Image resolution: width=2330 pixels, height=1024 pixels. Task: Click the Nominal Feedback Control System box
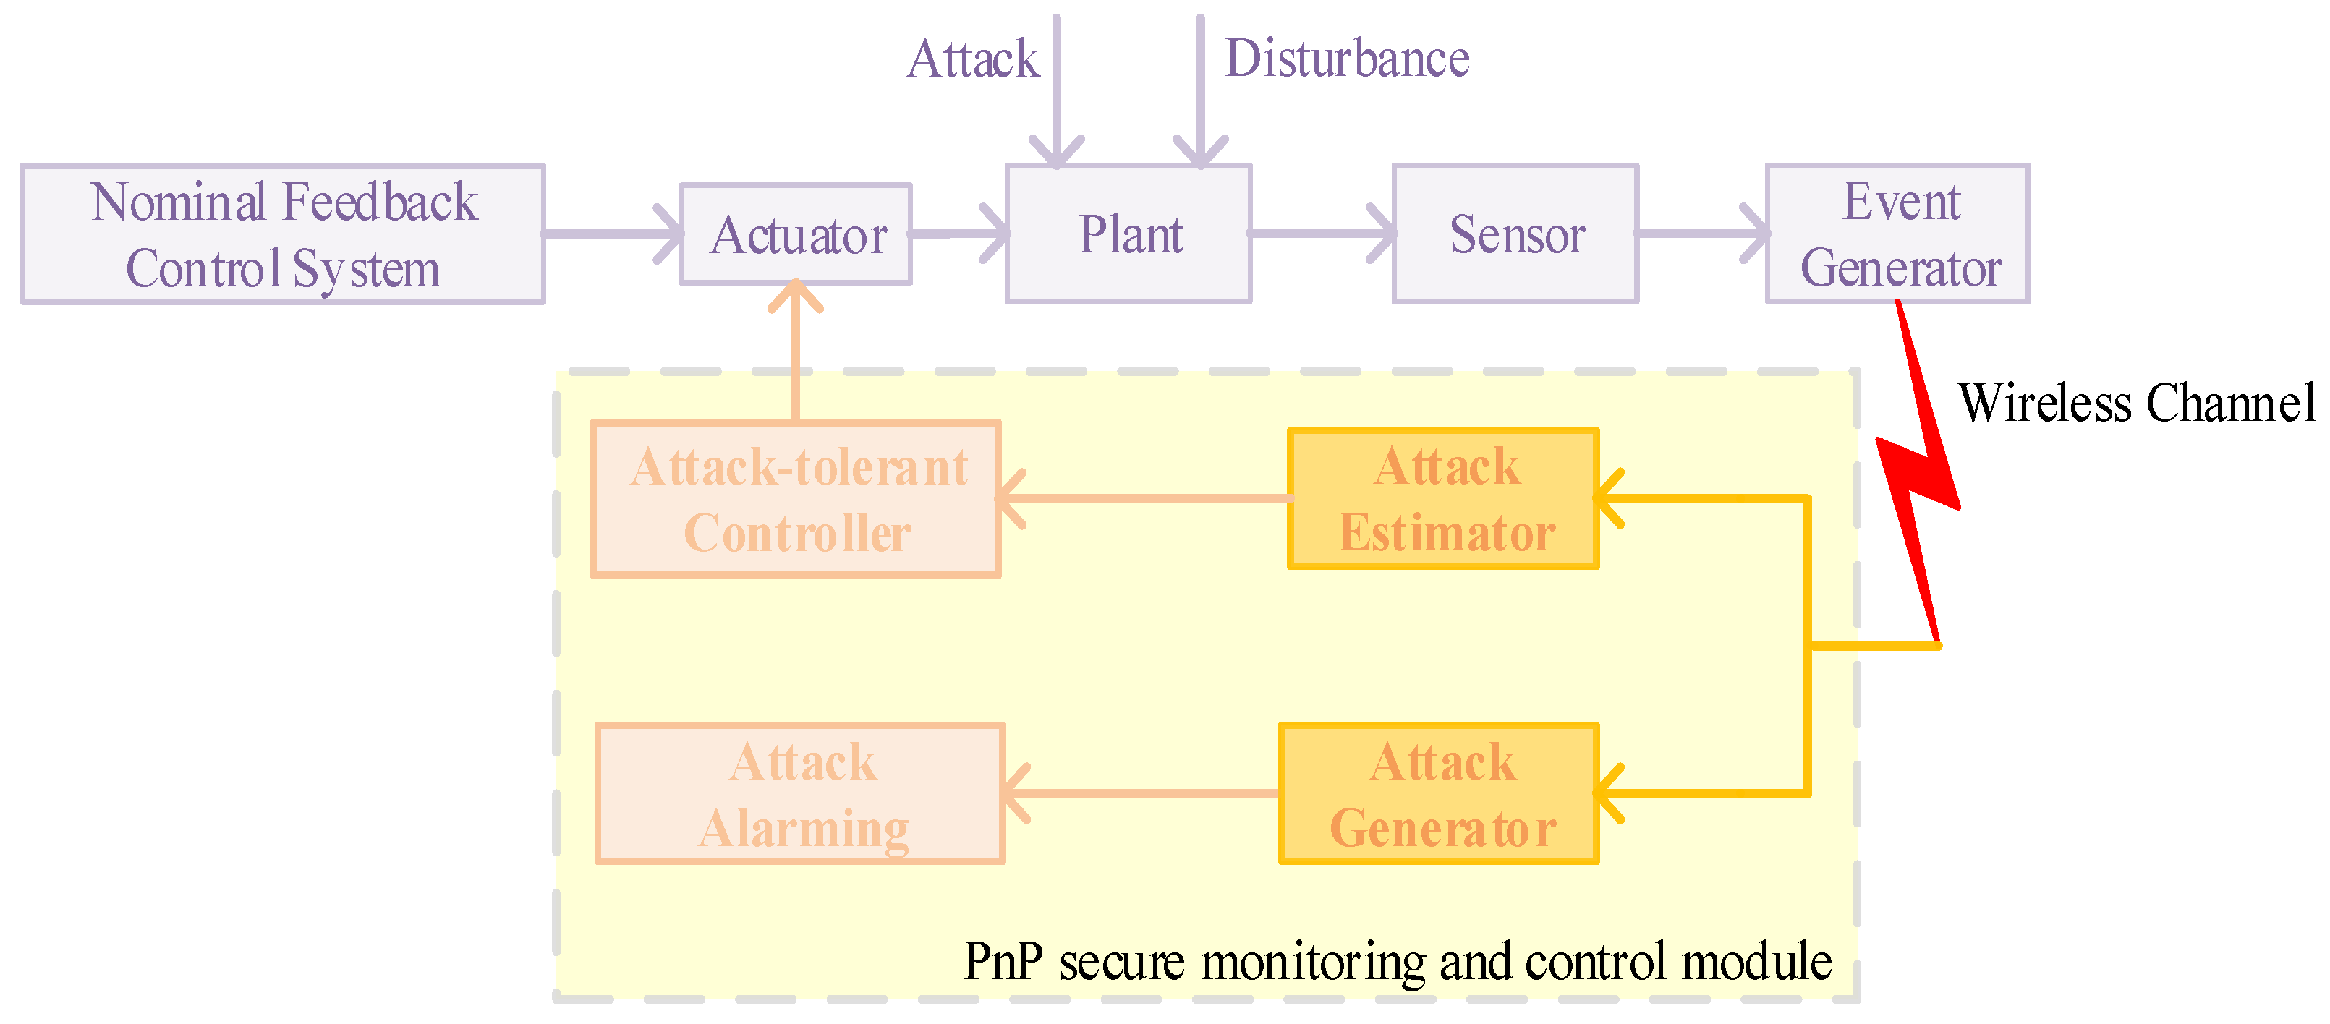pyautogui.click(x=282, y=234)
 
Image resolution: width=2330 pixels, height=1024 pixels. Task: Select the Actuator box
pyautogui.click(x=795, y=234)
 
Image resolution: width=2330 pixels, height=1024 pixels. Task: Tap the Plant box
pyautogui.click(x=1128, y=234)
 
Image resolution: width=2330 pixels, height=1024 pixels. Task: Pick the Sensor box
pyautogui.click(x=1515, y=234)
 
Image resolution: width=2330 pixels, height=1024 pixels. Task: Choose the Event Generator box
pyautogui.click(x=1897, y=234)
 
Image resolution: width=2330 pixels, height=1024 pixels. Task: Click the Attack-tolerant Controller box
pyautogui.click(x=795, y=498)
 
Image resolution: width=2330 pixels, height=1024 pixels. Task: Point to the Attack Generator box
pyautogui.click(x=1438, y=793)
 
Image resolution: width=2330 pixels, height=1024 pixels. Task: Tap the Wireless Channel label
pyautogui.click(x=2136, y=403)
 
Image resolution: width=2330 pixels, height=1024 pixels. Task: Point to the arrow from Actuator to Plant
pyautogui.click(x=958, y=234)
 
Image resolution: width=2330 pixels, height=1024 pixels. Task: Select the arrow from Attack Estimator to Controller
pyautogui.click(x=1144, y=498)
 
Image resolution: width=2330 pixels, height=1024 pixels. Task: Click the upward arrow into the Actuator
pyautogui.click(x=795, y=353)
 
